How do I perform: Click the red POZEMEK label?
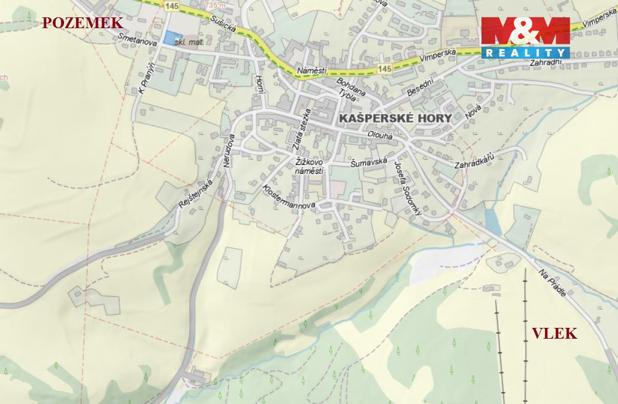click(x=83, y=23)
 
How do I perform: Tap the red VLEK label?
click(x=555, y=334)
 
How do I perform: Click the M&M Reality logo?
click(x=525, y=37)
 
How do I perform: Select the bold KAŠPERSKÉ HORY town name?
click(x=395, y=119)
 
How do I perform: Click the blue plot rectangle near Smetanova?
click(x=172, y=37)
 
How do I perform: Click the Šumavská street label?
click(x=369, y=162)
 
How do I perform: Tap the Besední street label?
click(x=420, y=88)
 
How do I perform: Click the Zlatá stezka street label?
click(x=302, y=129)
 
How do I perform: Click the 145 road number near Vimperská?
click(x=385, y=70)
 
